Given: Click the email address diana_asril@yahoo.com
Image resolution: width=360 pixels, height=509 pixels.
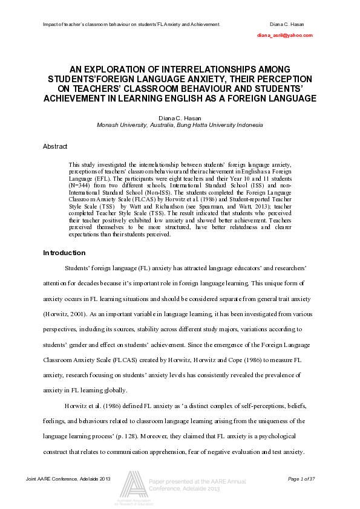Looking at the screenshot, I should coord(284,36).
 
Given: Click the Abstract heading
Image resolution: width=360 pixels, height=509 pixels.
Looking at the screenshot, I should coord(55,146).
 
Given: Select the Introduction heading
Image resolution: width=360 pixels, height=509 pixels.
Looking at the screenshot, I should coord(64,253).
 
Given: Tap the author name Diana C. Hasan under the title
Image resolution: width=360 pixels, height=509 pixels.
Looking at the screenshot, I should coord(180,118).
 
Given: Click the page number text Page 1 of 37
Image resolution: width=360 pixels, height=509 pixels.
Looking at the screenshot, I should coord(301,479).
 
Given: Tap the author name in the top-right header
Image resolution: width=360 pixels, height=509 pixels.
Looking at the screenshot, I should coord(287,24).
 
